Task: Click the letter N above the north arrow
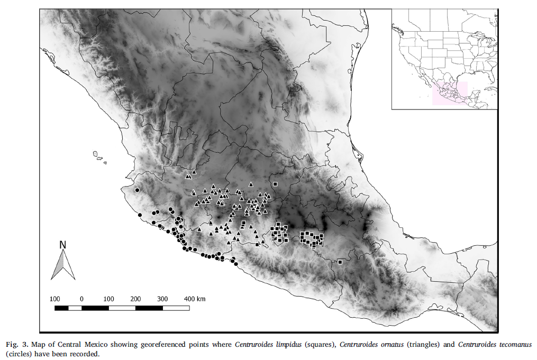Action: (62, 245)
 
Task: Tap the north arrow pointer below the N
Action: (63, 264)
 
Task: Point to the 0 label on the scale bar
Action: (81, 299)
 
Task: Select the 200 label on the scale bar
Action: (135, 299)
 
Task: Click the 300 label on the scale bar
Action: (162, 299)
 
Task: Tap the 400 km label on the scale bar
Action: (194, 299)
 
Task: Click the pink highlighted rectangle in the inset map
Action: (450, 93)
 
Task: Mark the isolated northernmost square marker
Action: (276, 184)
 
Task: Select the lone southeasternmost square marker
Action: (340, 262)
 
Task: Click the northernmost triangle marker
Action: (194, 172)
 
